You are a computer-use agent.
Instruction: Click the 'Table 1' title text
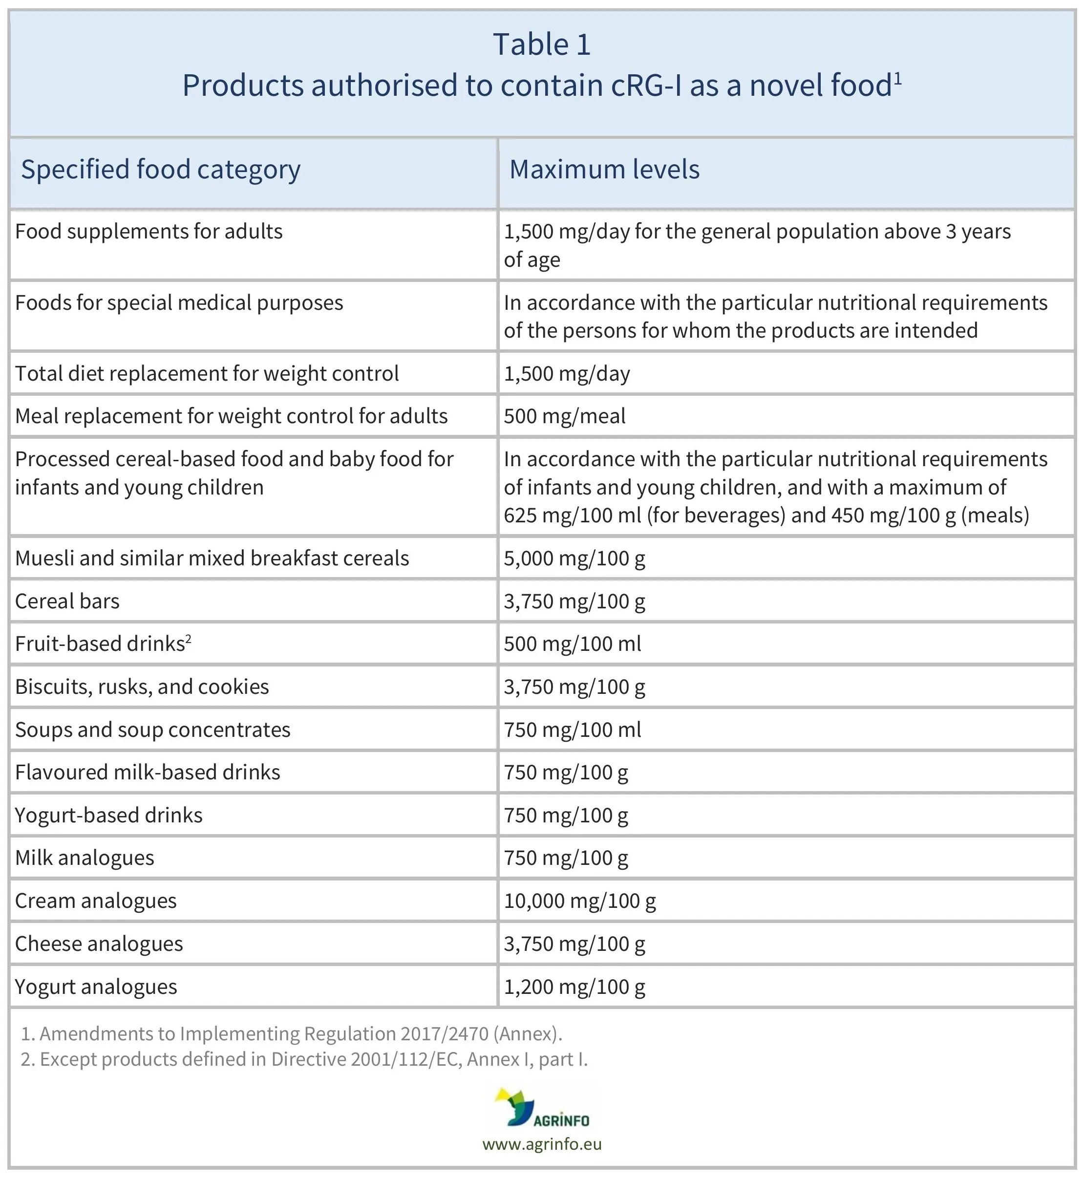coord(541,44)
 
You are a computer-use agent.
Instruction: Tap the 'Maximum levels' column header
coord(604,169)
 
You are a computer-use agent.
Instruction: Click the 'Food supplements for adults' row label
coord(149,231)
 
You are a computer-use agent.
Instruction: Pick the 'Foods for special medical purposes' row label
coord(179,303)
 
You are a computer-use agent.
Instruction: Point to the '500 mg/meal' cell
coord(564,416)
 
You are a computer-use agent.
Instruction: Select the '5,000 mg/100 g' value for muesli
coord(574,559)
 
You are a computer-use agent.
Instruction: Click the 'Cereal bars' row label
coord(67,602)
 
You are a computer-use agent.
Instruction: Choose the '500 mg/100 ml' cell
coord(573,644)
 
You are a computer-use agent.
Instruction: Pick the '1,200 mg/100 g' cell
coord(574,987)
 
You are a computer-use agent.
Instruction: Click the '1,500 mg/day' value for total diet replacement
coord(567,374)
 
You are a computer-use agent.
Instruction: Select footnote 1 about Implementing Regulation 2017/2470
coord(292,1033)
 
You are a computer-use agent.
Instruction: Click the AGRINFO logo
coord(542,1108)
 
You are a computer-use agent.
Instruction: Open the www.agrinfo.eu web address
coord(542,1144)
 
